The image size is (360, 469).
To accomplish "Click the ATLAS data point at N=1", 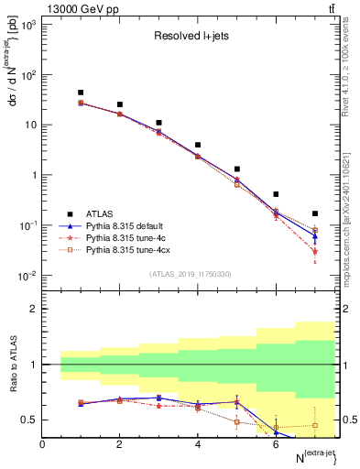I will coord(82,93).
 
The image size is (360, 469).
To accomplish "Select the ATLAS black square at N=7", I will coord(315,213).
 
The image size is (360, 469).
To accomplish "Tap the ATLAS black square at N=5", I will coord(237,169).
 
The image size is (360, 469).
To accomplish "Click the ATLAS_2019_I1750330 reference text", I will coord(189,274).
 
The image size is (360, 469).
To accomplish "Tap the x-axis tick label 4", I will coord(198,444).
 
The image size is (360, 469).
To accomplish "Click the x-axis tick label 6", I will coord(276,444).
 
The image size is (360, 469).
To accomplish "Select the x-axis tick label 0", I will coord(43,444).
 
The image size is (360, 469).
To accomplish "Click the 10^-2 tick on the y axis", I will coord(27,276).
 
